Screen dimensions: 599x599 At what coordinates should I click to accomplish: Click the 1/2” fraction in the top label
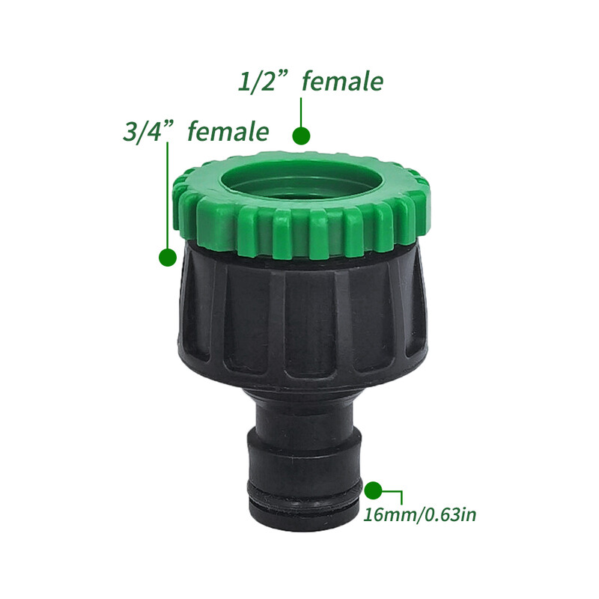click(257, 82)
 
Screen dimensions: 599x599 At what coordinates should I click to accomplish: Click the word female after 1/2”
click(343, 82)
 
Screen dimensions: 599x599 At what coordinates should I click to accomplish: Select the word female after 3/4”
click(228, 131)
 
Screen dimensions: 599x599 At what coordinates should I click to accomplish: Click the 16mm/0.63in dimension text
click(419, 514)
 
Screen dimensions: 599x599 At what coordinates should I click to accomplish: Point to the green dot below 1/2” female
click(301, 136)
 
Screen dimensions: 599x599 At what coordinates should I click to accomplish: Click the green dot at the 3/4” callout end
click(168, 257)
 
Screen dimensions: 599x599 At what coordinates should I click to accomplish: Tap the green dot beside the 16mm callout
click(373, 490)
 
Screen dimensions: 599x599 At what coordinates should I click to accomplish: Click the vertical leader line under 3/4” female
click(167, 195)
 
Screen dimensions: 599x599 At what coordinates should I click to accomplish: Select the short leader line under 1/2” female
click(301, 112)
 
